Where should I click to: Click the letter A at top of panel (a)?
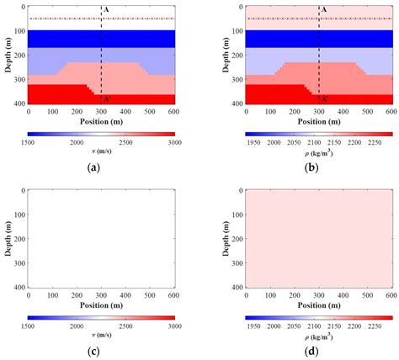click(105, 9)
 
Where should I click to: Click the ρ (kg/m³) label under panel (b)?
click(320, 152)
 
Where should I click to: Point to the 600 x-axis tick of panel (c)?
click(174, 295)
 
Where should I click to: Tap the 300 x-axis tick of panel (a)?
click(101, 112)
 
